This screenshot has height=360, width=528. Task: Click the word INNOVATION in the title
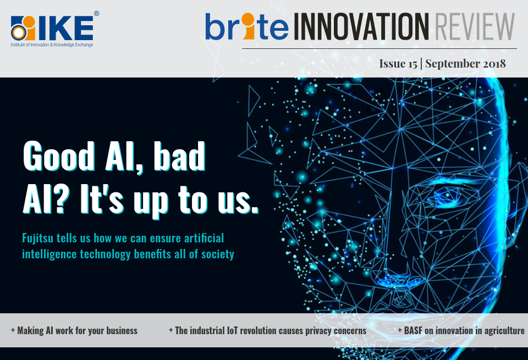pos(361,26)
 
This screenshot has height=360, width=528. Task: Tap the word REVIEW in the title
pos(474,26)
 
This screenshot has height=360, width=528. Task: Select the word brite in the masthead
pos(245,26)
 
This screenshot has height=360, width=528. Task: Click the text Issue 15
pos(398,63)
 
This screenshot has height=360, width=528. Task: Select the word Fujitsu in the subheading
pos(40,239)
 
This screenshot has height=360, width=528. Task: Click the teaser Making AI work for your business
pos(74,330)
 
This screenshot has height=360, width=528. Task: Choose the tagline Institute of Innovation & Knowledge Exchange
pos(52,44)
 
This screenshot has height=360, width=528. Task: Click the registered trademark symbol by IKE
pos(96,13)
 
